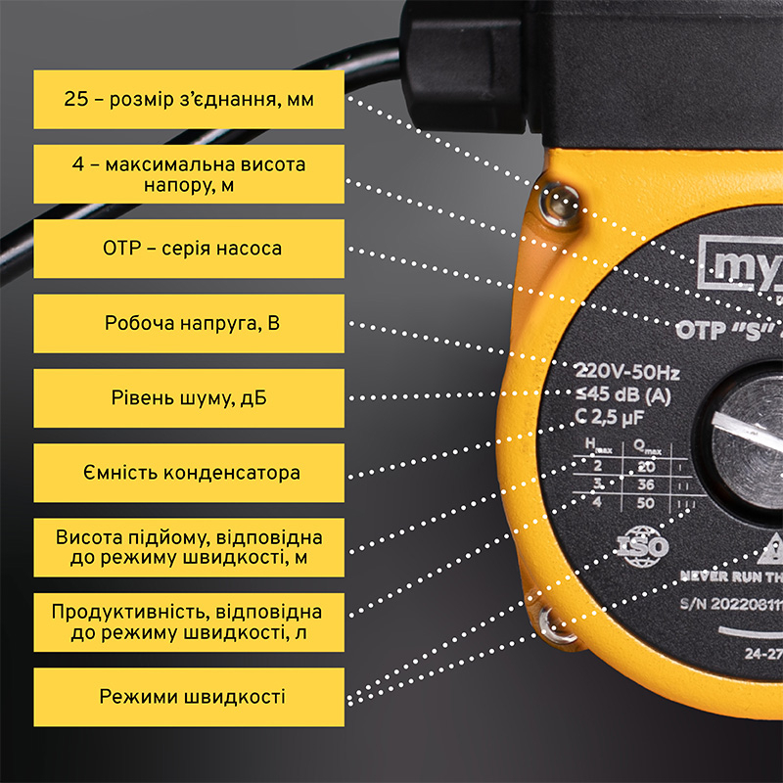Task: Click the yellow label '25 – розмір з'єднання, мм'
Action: click(x=189, y=99)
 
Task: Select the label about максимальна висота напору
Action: click(x=189, y=174)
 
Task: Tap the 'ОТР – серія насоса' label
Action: click(x=189, y=249)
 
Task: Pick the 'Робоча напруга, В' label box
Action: click(x=189, y=323)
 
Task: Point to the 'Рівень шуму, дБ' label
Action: click(x=189, y=398)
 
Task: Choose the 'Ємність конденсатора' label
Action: click(x=189, y=473)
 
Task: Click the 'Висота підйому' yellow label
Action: click(x=189, y=548)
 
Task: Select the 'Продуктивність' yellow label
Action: click(x=189, y=622)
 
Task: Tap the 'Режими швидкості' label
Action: click(x=189, y=697)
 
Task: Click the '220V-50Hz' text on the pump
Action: click(x=627, y=373)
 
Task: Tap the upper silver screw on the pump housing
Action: click(x=559, y=205)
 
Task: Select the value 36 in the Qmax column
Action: click(x=644, y=484)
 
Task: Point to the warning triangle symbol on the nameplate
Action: click(x=760, y=548)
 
